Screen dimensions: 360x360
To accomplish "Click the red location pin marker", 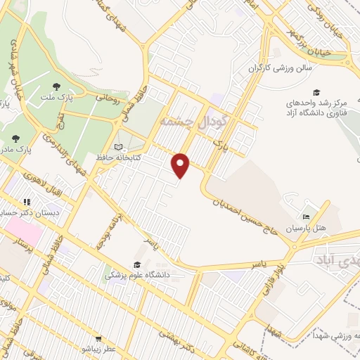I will pos(181,166).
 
